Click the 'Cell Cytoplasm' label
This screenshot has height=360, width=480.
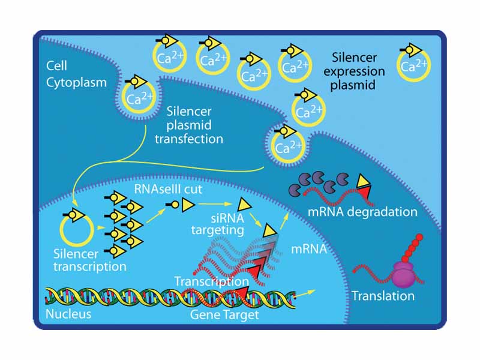[x=76, y=73]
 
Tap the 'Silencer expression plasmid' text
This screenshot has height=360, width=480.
[x=355, y=71]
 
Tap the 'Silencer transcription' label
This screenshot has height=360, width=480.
[x=89, y=260]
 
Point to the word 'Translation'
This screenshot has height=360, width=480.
[x=383, y=296]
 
